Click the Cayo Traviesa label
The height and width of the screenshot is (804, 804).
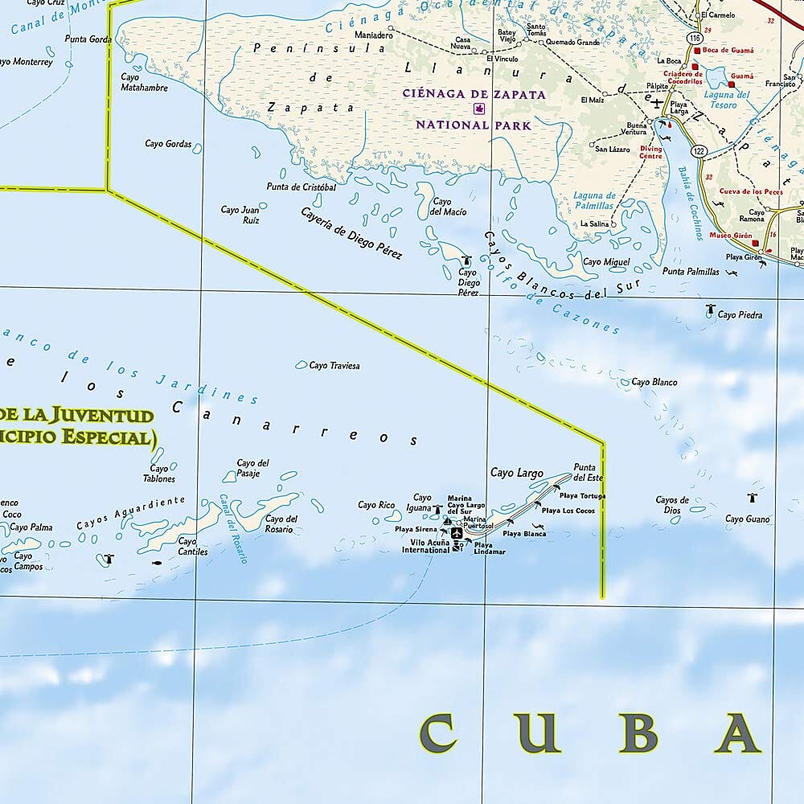click(334, 366)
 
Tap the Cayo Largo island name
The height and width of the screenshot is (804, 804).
click(517, 474)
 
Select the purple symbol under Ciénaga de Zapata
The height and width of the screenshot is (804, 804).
click(480, 109)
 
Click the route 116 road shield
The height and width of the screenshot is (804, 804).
click(693, 38)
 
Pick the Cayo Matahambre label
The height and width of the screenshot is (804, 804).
click(144, 83)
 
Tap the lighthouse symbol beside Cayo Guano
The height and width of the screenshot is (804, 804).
click(753, 498)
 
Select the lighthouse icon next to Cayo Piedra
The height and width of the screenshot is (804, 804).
click(711, 309)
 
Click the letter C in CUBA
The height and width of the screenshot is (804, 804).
click(437, 733)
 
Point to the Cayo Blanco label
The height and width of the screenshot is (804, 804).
click(654, 383)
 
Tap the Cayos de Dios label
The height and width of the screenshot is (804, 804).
click(672, 504)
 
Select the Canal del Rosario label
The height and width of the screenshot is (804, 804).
click(234, 527)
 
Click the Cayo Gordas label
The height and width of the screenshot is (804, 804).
click(168, 144)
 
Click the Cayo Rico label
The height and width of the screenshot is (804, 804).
click(376, 505)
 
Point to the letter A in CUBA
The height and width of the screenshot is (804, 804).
click(738, 733)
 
